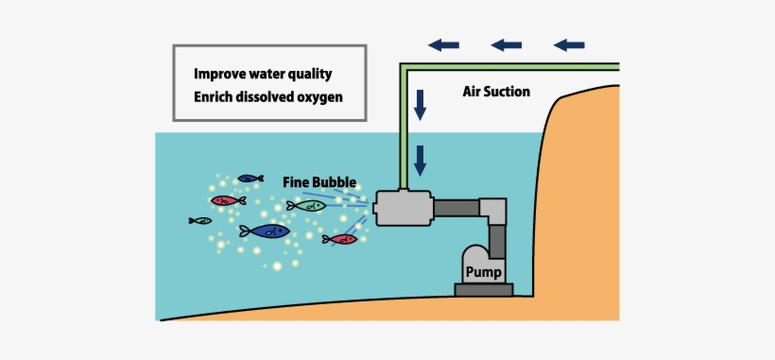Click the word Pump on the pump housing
click(x=482, y=272)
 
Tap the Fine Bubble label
click(x=319, y=180)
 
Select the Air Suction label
click(x=496, y=93)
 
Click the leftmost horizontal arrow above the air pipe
click(x=442, y=44)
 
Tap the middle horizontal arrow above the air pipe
click(x=506, y=44)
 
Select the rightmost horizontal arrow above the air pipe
click(x=568, y=44)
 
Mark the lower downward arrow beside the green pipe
click(x=422, y=158)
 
